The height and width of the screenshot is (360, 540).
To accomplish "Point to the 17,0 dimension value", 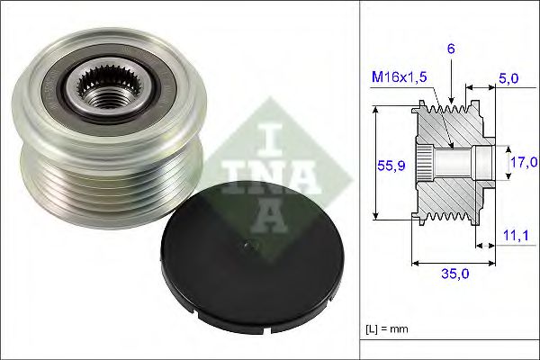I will click(523, 163).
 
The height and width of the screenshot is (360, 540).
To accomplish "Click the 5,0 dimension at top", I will click(510, 79).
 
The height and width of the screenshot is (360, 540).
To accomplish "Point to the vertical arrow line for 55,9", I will click(375, 165).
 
